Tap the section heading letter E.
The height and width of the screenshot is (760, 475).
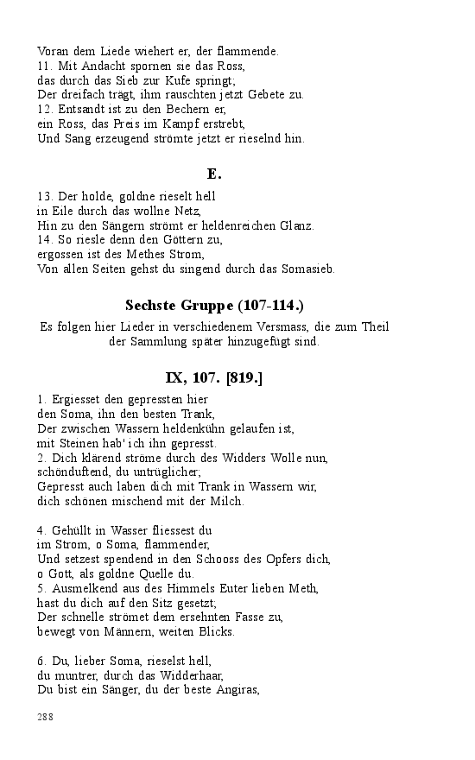coord(215,174)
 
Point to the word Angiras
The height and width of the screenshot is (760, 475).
coord(234,689)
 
